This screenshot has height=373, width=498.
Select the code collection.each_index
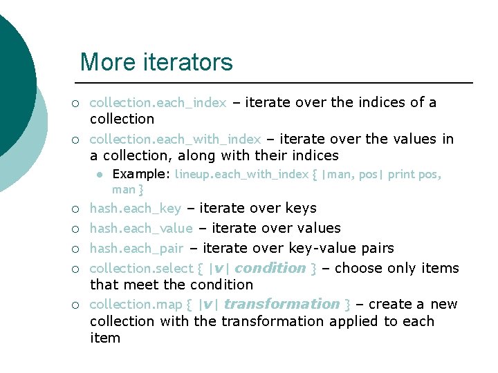(158, 103)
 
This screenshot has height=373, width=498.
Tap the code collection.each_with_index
(176, 140)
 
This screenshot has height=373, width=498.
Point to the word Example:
(141, 174)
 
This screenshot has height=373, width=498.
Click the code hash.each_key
(136, 209)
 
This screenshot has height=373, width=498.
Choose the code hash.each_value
(142, 229)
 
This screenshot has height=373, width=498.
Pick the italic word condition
(270, 268)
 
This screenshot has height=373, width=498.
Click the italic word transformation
(282, 304)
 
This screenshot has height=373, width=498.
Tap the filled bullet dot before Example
(100, 175)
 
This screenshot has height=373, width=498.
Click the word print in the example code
(402, 174)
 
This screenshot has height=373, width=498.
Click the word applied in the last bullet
(354, 321)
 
